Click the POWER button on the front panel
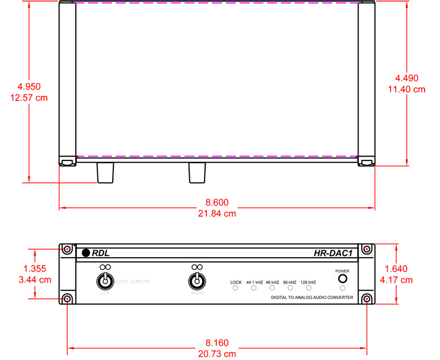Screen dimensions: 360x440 coord(343,278)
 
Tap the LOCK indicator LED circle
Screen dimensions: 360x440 coord(236,287)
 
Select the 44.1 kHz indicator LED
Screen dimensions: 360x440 coord(254,287)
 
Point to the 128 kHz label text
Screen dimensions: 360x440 coord(308,282)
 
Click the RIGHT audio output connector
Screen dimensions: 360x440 coord(196,281)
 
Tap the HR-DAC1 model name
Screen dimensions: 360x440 coord(333,253)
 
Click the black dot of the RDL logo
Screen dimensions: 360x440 coord(86,253)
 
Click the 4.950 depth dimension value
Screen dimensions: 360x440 coord(29,87)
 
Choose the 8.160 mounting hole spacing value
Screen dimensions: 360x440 coord(217,342)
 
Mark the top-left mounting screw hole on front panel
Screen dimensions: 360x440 coord(67,249)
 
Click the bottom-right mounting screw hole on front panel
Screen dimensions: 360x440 coord(367,299)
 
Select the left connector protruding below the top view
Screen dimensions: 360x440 coord(106,173)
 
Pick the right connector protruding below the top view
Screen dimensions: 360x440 coord(197,173)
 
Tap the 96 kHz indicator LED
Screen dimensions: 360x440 coord(290,287)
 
